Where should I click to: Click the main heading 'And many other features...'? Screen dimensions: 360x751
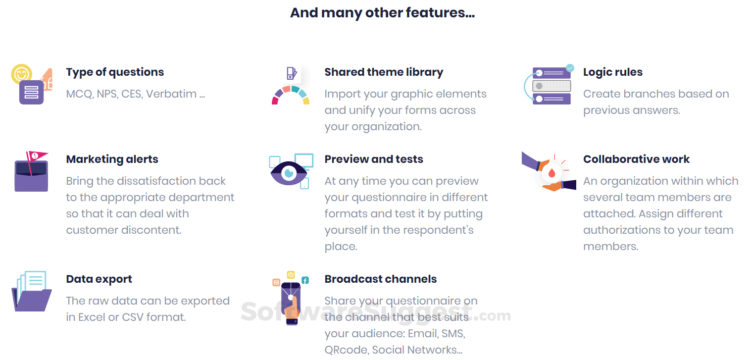[x=382, y=13]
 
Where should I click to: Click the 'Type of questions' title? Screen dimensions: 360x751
[x=115, y=72]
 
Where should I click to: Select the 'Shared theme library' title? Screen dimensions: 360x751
[x=384, y=72]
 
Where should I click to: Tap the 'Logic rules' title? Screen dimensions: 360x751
[x=612, y=72]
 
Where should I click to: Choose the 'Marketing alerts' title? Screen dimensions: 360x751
[x=112, y=159]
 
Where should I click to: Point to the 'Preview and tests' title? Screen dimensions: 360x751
[x=374, y=159]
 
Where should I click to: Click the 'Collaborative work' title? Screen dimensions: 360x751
[x=636, y=159]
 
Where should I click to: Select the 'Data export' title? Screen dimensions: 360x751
[x=99, y=279]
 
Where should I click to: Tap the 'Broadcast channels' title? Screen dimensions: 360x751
[x=380, y=279]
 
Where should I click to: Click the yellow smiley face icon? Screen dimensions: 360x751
[x=21, y=74]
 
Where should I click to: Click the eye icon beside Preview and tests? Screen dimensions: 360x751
[x=289, y=173]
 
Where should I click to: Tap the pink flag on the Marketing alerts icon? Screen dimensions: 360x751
[x=38, y=155]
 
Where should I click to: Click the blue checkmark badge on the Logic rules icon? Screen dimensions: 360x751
[x=570, y=67]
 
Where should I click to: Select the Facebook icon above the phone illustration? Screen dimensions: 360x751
[x=305, y=280]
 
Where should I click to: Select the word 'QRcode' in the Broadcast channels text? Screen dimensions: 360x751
[x=345, y=350]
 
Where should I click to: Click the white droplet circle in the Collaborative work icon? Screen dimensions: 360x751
[x=551, y=173]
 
